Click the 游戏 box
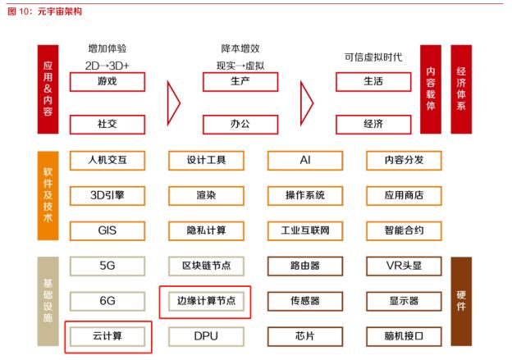click(x=107, y=82)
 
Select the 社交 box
click(x=107, y=125)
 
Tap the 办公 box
click(x=240, y=125)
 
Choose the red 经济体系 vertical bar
click(x=461, y=89)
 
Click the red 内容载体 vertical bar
click(x=431, y=89)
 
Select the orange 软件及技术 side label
click(x=48, y=195)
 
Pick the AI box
click(x=305, y=160)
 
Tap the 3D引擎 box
click(x=107, y=195)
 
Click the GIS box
click(x=107, y=230)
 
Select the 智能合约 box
click(x=404, y=230)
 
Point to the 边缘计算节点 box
click(x=206, y=301)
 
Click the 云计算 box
click(x=107, y=336)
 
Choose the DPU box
click(x=206, y=336)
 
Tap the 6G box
click(x=107, y=301)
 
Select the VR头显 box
click(x=404, y=266)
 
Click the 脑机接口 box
click(x=404, y=336)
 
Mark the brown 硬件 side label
click(x=461, y=301)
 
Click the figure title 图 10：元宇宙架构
click(x=45, y=11)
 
